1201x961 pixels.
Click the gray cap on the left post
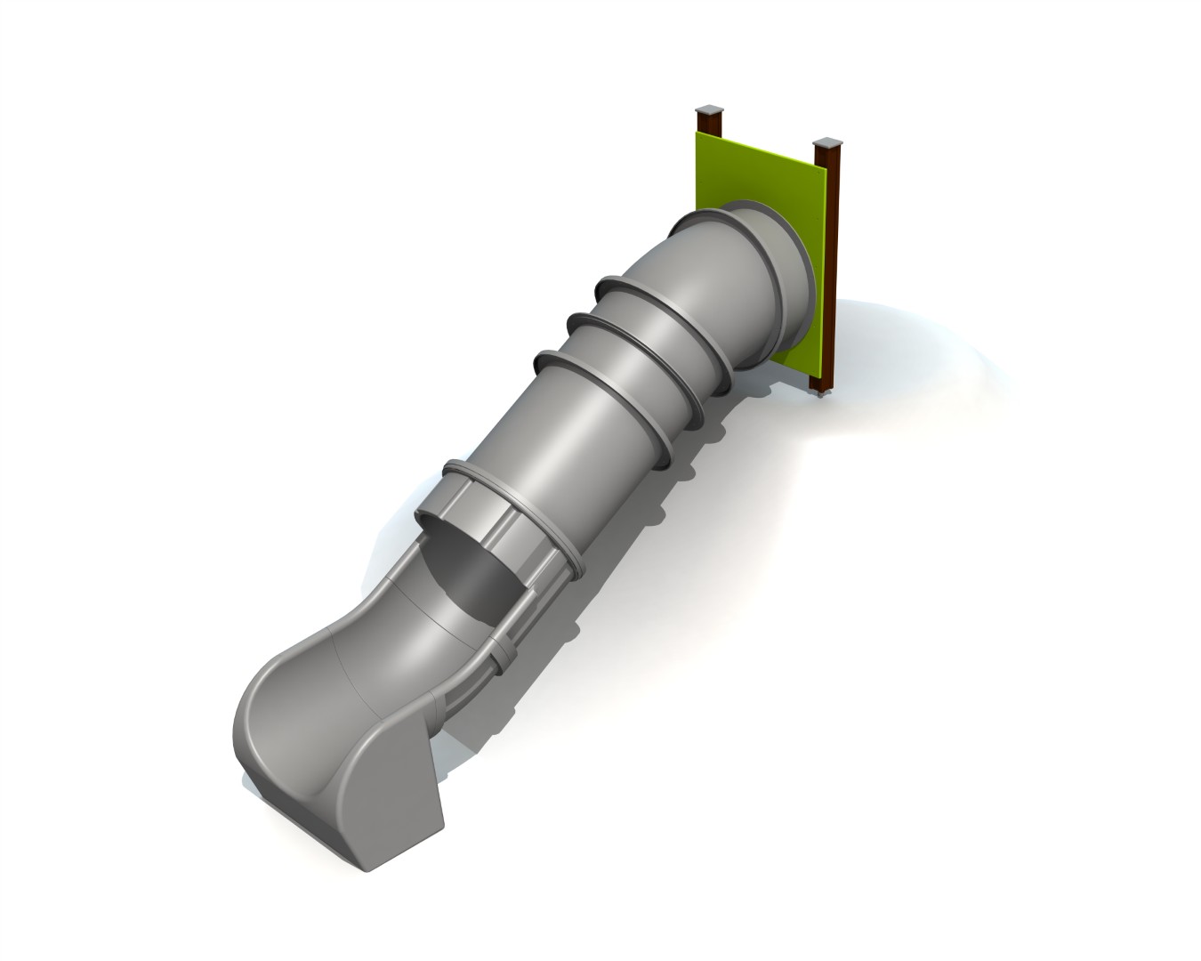(709, 109)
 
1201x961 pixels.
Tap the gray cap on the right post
(826, 142)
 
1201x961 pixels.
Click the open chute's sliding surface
(329, 685)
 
